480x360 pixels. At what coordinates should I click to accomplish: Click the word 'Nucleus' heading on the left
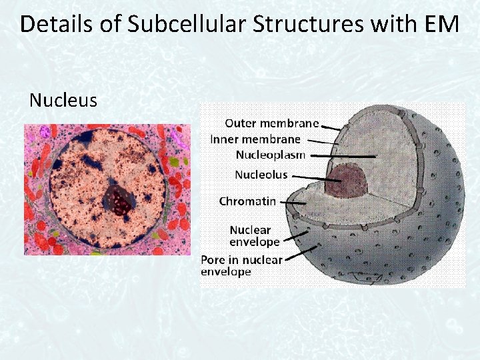tap(63, 100)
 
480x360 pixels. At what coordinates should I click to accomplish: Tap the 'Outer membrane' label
tap(271, 123)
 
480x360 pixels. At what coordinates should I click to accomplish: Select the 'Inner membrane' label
tap(255, 139)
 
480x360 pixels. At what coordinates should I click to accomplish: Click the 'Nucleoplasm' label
tap(270, 155)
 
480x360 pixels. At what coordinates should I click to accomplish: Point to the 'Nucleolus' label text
tap(261, 175)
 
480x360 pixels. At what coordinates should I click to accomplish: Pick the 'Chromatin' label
tap(247, 201)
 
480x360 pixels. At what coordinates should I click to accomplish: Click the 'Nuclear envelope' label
tap(254, 235)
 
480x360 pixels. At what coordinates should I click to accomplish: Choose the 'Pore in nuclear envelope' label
tap(241, 265)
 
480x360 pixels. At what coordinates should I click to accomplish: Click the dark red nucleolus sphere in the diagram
tap(347, 181)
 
